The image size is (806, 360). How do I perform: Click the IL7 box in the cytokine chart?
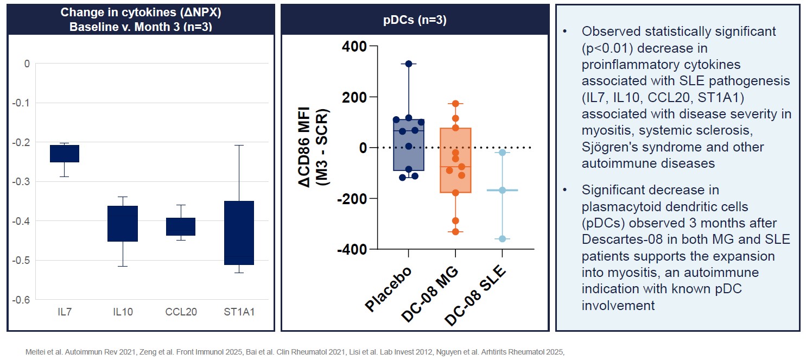point(65,154)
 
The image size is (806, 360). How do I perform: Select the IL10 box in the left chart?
point(122,223)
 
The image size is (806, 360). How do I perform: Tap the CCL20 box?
point(180,226)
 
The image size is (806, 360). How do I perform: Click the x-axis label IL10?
point(123,312)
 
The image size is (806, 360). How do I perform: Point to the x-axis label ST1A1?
point(239,312)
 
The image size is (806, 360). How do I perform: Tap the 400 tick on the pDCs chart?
point(354,47)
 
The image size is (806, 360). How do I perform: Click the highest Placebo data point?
point(409,64)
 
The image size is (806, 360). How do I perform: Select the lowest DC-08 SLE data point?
point(502,239)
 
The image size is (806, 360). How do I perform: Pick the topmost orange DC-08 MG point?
point(455,104)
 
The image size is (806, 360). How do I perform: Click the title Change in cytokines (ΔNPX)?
point(141,12)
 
